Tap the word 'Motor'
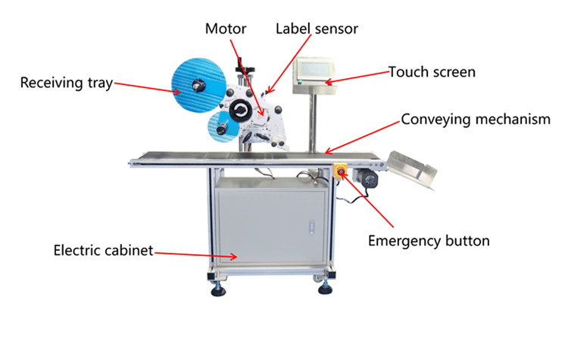point(226,29)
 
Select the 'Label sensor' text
point(316,29)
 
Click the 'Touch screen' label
point(432,72)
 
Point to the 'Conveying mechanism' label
point(475,119)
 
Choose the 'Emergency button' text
point(429,241)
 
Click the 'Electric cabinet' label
point(103,249)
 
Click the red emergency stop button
point(340,171)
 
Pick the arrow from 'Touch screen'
point(357,77)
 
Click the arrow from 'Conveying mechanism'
point(360,137)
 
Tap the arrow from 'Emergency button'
point(372,201)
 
